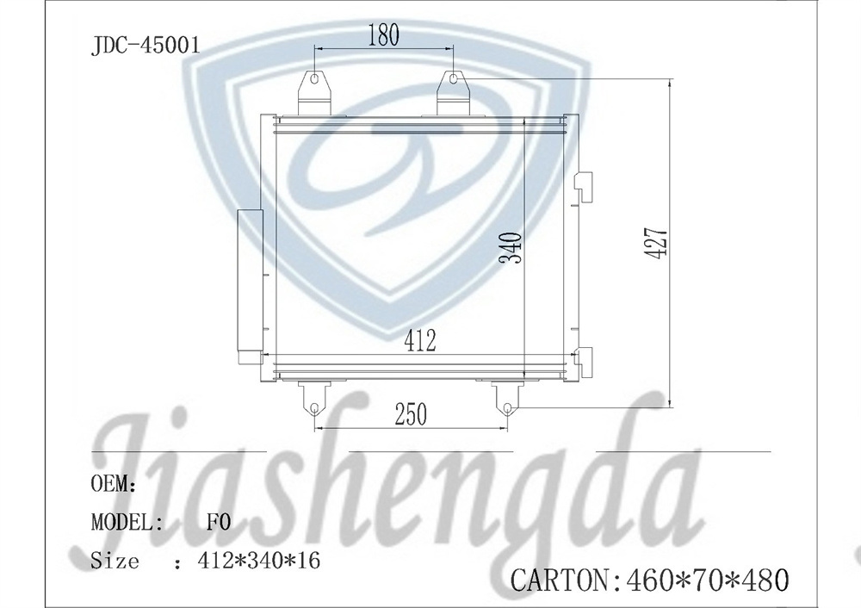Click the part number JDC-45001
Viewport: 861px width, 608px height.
coord(146,45)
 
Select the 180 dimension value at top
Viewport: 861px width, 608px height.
coord(383,35)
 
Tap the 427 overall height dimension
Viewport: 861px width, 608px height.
coord(656,244)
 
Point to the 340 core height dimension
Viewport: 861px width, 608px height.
coord(511,249)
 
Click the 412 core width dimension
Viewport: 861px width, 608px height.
coord(420,340)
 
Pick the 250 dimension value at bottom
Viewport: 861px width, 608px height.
coord(411,414)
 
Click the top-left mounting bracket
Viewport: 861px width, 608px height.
coord(314,90)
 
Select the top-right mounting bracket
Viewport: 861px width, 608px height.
coord(453,90)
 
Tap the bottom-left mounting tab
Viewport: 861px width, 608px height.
coord(313,398)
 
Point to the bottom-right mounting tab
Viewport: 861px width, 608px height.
coord(507,398)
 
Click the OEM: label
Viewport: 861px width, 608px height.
coord(114,484)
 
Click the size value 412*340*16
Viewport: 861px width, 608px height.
coord(258,561)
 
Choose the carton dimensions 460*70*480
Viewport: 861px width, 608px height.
coord(705,579)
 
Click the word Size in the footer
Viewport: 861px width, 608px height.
coord(115,561)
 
